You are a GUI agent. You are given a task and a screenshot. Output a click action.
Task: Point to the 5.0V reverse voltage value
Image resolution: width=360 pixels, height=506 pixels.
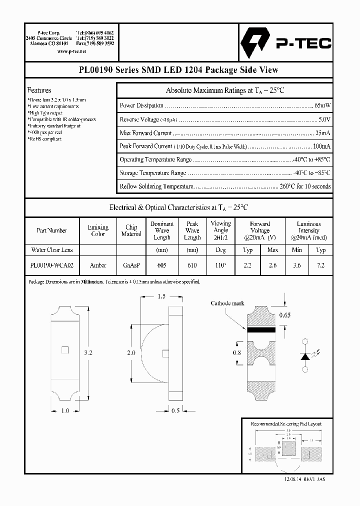pyautogui.click(x=324, y=120)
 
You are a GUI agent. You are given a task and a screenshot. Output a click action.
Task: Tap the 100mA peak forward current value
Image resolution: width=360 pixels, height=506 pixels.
pyautogui.click(x=321, y=146)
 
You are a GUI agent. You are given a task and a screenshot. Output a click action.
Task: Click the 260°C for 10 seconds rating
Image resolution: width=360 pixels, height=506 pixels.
pyautogui.click(x=305, y=186)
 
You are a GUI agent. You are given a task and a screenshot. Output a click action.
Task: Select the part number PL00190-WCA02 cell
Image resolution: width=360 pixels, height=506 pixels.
pyautogui.click(x=51, y=265)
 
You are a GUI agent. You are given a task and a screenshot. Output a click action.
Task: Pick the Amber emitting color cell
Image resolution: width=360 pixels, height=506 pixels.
pyautogui.click(x=98, y=265)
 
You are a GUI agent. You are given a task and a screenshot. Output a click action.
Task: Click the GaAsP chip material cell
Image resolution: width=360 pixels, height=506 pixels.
pyautogui.click(x=131, y=265)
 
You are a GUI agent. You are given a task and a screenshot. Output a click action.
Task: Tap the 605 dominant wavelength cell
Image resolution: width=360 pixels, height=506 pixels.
pyautogui.click(x=161, y=265)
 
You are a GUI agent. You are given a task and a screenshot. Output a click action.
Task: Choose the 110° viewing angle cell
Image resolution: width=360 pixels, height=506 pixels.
pyautogui.click(x=220, y=265)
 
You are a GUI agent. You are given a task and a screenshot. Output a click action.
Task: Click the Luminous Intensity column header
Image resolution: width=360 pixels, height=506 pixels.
pyautogui.click(x=308, y=230)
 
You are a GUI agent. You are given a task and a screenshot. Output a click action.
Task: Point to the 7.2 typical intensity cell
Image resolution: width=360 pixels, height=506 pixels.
pyautogui.click(x=320, y=265)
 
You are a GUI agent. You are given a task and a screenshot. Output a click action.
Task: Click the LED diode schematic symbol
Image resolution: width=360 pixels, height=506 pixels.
pyautogui.click(x=304, y=355)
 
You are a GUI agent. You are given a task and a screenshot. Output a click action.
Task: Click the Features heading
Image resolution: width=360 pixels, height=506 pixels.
pyautogui.click(x=39, y=90)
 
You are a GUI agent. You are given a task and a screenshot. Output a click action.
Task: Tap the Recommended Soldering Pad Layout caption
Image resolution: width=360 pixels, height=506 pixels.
pyautogui.click(x=286, y=424)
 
